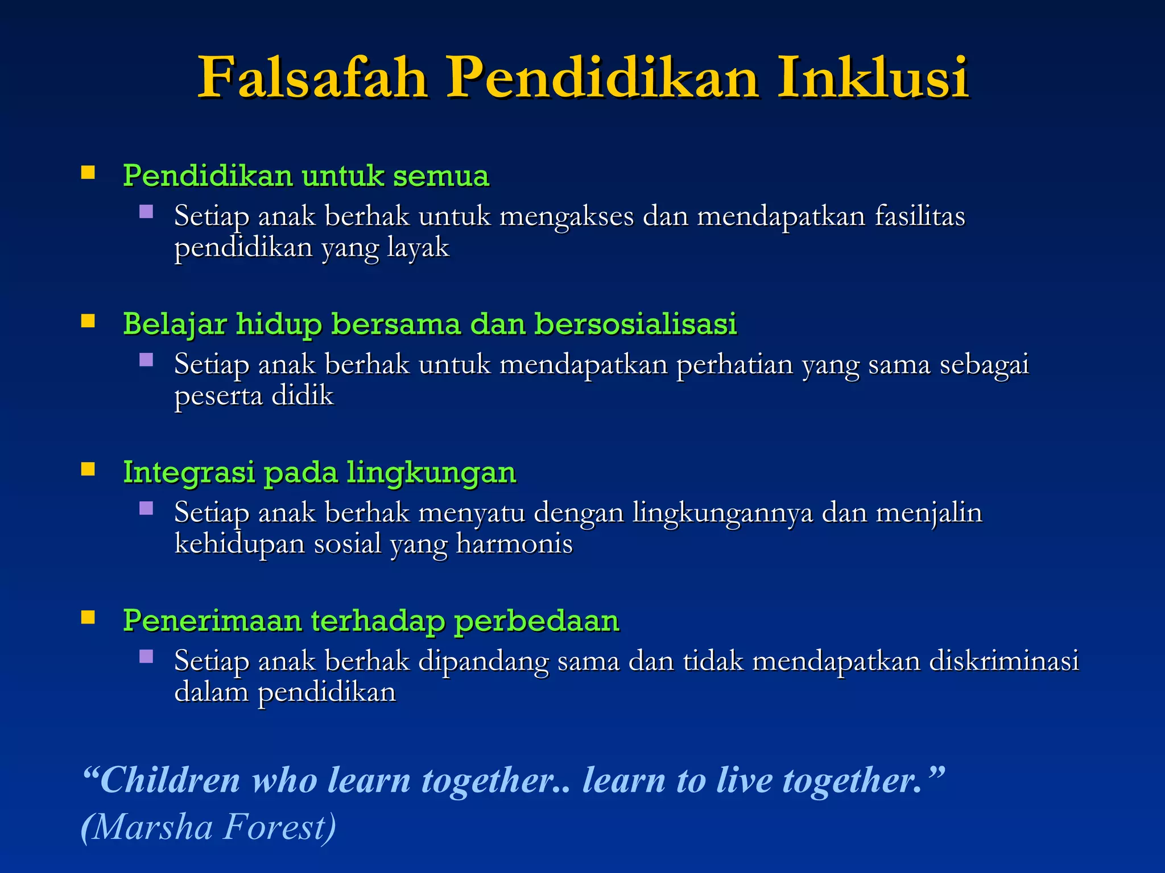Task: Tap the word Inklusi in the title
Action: pos(873,78)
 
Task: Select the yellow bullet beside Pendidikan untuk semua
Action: pos(88,173)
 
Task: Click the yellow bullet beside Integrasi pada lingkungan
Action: pos(88,469)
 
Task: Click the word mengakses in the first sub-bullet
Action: pos(566,217)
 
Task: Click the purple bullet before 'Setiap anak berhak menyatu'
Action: pos(146,508)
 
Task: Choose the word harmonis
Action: pos(514,544)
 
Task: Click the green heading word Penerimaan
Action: pos(212,620)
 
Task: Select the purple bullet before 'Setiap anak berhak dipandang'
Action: pos(146,656)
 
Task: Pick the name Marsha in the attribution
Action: pos(151,827)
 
